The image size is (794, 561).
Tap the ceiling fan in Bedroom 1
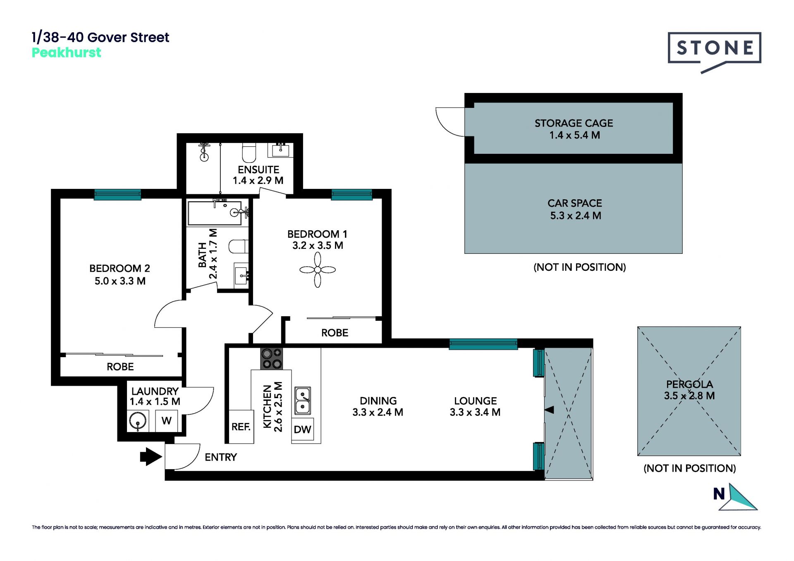point(318,270)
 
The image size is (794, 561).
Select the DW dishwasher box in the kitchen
point(302,430)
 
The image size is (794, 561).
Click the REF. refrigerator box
point(241,427)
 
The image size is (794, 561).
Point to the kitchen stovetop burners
point(271,358)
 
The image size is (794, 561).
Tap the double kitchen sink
point(302,401)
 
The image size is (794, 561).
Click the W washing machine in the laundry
point(167,421)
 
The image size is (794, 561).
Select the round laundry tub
point(138,421)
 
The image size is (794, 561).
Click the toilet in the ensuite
point(249,153)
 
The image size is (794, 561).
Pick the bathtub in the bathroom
point(215,213)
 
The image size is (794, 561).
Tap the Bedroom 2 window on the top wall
point(117,194)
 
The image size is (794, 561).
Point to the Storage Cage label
point(574,123)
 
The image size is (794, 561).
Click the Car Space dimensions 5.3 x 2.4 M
point(575,215)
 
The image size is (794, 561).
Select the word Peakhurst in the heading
point(67,53)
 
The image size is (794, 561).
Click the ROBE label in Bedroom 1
point(335,333)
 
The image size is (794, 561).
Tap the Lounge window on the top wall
point(483,344)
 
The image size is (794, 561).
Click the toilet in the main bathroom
point(239,246)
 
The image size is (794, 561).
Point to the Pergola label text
point(689,384)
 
